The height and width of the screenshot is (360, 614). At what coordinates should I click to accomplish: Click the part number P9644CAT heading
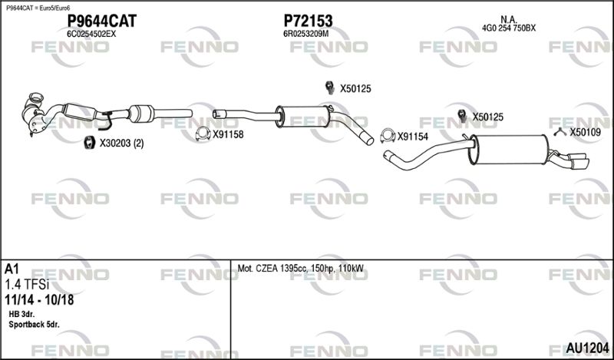coord(102,21)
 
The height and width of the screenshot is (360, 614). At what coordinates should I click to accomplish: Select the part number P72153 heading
coord(308,21)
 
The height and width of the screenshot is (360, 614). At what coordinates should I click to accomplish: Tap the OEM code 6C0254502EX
coord(91,34)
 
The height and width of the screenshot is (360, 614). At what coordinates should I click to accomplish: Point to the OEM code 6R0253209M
coord(305,34)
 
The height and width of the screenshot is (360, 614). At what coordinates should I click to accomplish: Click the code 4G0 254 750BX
coord(509,28)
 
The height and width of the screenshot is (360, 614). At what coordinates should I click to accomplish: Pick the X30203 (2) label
coord(121,144)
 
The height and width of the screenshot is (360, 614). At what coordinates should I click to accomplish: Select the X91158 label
coord(228,135)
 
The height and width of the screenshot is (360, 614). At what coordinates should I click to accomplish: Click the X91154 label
coord(413,137)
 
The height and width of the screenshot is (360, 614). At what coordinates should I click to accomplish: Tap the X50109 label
coord(585,132)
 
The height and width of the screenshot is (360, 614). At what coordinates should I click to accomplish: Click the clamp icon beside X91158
coord(203,134)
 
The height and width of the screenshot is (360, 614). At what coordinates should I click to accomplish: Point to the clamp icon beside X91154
coord(388,136)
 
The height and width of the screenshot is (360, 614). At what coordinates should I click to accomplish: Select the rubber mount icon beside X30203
coord(90,143)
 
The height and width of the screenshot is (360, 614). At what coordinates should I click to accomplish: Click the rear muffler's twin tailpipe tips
coord(579,162)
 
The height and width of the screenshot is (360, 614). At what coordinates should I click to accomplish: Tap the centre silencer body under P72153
coord(303,117)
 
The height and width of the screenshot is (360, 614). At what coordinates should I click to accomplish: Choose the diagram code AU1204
coord(587,348)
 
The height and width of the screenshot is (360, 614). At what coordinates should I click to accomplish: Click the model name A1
coord(12,269)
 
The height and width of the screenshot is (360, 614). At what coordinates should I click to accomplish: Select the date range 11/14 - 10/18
coord(39,300)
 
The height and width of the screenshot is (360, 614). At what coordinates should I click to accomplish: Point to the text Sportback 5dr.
coord(34,325)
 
